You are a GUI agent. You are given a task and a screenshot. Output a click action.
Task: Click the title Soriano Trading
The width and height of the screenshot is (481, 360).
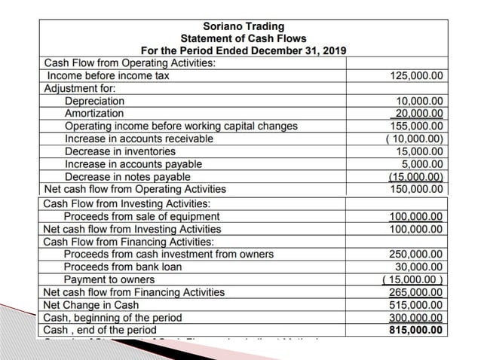[x=238, y=26]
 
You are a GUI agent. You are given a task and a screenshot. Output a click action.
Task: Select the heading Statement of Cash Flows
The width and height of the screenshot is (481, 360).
[x=238, y=38]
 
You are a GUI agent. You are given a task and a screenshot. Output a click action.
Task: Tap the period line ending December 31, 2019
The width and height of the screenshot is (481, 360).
[x=238, y=50]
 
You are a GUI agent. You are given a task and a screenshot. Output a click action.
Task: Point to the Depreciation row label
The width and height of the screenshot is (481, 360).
[x=94, y=101]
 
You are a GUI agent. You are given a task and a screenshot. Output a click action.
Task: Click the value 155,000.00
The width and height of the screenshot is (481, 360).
[x=417, y=127]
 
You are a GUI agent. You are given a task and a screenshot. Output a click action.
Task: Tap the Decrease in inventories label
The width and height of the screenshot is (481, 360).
[x=120, y=152]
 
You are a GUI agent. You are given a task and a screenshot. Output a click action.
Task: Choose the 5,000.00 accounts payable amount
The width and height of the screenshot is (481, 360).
[x=423, y=164]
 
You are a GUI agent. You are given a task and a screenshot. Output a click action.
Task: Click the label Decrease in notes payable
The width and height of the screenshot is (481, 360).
[x=127, y=177]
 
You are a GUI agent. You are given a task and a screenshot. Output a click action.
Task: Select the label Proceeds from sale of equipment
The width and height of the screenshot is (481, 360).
[x=142, y=217]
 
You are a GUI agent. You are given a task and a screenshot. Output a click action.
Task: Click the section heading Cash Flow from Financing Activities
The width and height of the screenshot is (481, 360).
[x=128, y=242]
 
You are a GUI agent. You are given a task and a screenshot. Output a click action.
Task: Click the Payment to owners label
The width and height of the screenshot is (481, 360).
[x=109, y=280]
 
